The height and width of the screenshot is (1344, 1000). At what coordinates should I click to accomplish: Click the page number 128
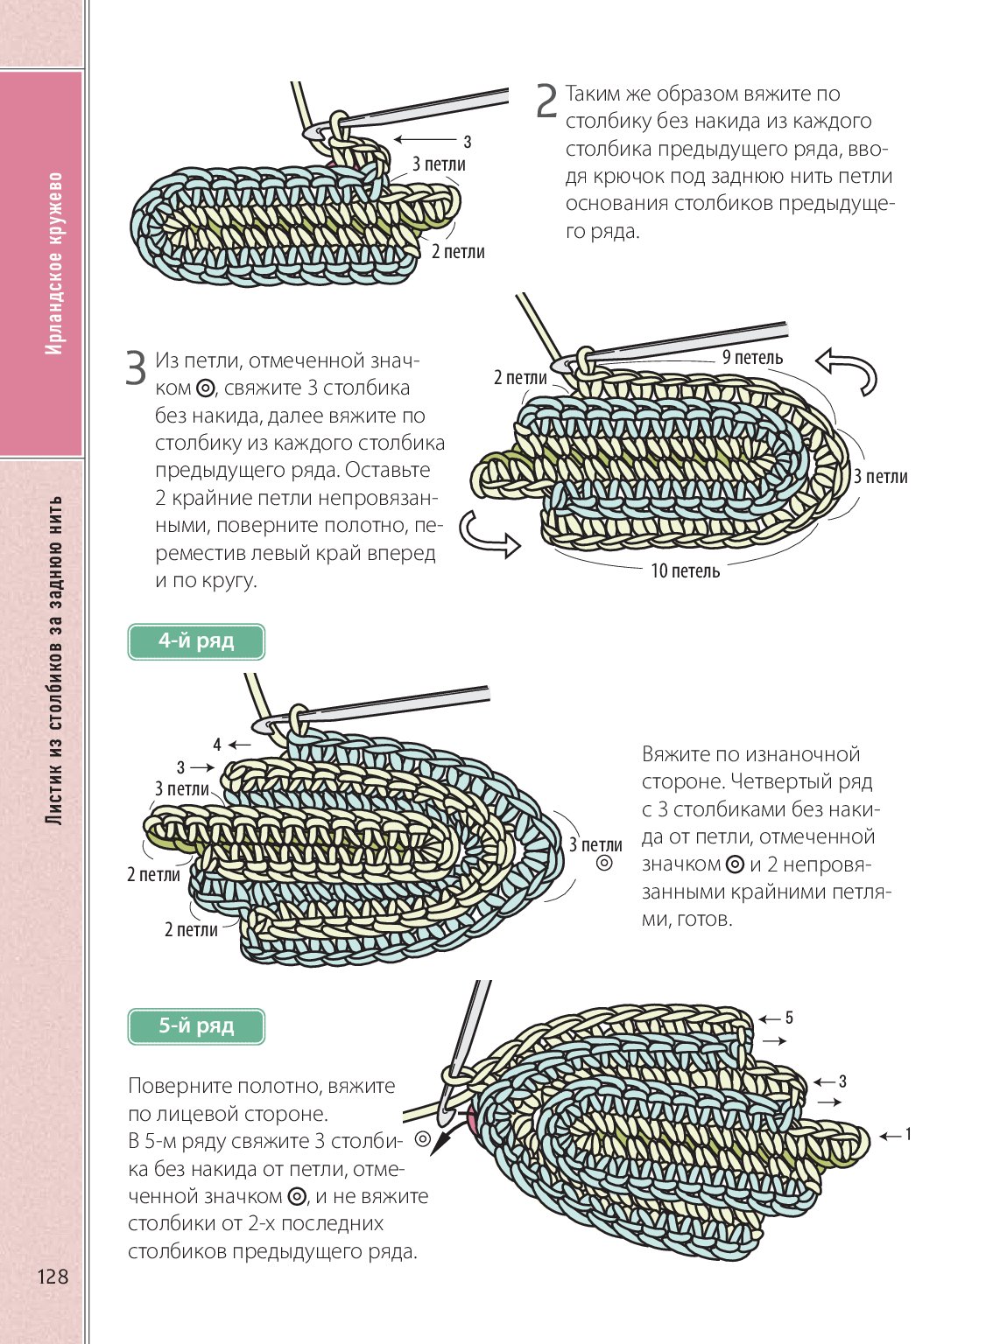coord(53,1277)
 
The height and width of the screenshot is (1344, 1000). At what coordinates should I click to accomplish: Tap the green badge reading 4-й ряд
coord(196,641)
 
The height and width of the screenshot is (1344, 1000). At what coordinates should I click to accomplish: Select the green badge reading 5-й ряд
coord(196,1025)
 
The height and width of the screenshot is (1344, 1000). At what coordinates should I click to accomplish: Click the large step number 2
coord(546,101)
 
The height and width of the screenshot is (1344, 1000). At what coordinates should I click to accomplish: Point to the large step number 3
coord(136,368)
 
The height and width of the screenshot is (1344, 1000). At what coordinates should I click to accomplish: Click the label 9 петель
coord(752,357)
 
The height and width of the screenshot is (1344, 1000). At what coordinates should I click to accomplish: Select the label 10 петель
coord(685,571)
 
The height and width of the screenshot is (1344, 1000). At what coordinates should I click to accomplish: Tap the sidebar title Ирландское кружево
coord(54,262)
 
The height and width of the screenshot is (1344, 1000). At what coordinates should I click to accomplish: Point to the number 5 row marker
coord(789,1018)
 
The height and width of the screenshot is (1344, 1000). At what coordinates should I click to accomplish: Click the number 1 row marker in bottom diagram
coord(908,1135)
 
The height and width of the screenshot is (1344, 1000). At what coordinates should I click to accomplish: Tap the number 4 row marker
coord(217,745)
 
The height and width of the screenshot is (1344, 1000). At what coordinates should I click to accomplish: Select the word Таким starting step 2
coord(595,94)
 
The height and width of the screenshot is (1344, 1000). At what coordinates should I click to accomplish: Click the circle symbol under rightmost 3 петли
coord(604,864)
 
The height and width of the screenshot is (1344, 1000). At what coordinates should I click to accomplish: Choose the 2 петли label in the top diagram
coord(458,252)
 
